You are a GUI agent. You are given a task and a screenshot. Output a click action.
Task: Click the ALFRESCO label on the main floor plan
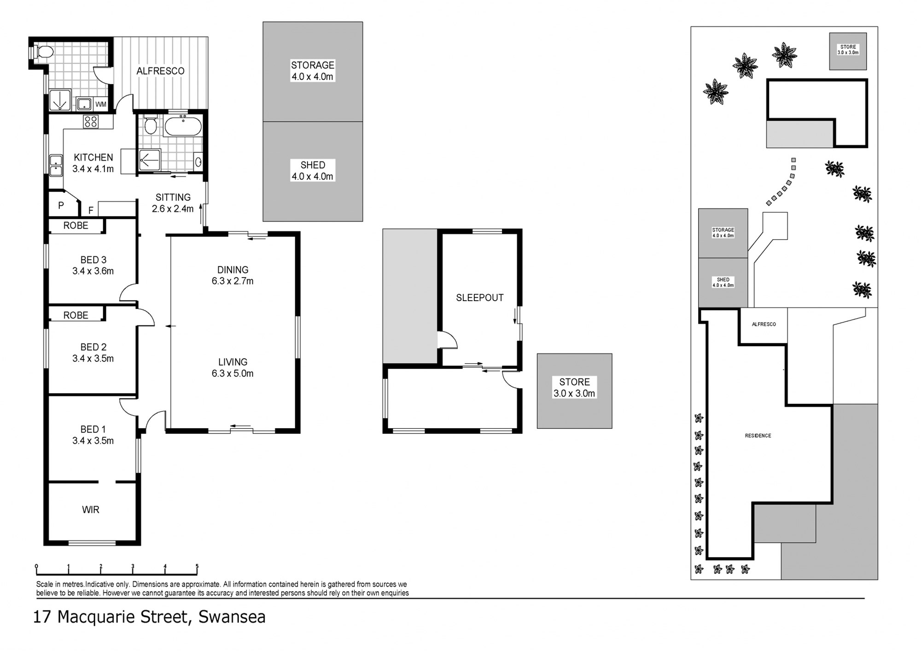160,71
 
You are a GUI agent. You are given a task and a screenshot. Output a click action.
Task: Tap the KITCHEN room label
93,157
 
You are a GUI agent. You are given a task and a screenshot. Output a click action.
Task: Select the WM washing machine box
101,105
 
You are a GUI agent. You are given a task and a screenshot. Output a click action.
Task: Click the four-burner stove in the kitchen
91,122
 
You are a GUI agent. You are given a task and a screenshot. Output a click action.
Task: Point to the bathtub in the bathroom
183,127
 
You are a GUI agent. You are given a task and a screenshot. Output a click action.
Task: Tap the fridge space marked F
91,210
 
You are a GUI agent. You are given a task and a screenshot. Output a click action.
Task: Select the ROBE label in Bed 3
76,226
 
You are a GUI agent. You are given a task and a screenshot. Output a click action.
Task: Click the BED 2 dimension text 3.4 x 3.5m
93,359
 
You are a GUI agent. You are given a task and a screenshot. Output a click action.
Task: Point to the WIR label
91,510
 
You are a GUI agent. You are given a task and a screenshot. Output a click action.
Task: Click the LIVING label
233,362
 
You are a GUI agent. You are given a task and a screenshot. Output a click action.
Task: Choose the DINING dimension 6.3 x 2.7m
233,281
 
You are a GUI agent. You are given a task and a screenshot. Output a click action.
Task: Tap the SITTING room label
173,198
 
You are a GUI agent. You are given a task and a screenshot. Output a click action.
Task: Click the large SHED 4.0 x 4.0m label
313,171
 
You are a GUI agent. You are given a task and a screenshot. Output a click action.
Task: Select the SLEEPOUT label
480,298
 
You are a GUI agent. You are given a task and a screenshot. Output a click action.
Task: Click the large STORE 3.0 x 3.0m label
574,388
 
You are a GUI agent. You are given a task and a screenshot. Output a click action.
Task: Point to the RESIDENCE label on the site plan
758,436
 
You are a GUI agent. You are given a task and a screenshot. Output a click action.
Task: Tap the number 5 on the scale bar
197,567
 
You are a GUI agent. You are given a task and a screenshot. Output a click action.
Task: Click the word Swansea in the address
232,617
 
